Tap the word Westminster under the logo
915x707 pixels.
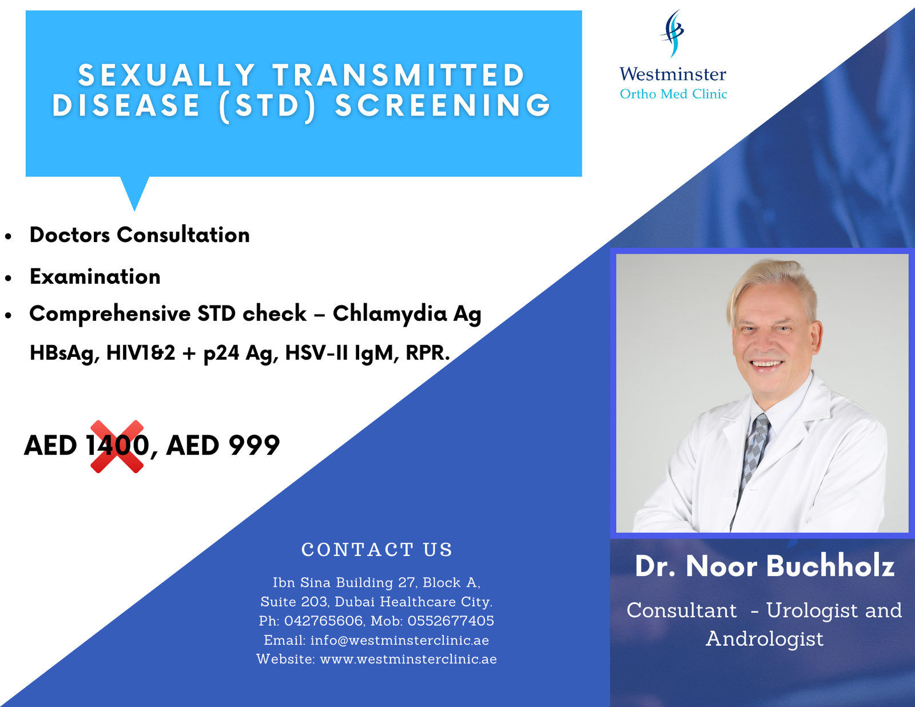[673, 74]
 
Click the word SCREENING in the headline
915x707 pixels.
[443, 105]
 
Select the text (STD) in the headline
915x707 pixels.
[268, 106]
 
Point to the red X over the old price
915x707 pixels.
[117, 446]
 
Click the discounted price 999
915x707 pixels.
[254, 445]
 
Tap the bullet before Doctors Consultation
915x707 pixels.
[9, 237]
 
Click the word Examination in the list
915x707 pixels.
[95, 277]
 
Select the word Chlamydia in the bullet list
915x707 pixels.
[389, 313]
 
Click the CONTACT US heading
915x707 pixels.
[377, 550]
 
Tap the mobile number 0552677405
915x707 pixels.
[451, 621]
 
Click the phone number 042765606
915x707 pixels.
[323, 621]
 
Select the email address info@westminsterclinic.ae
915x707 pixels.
[400, 640]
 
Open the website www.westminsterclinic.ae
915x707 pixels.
[408, 659]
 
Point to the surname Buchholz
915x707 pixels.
[830, 566]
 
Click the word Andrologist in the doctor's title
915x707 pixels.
[764, 639]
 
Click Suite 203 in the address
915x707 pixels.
[294, 602]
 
